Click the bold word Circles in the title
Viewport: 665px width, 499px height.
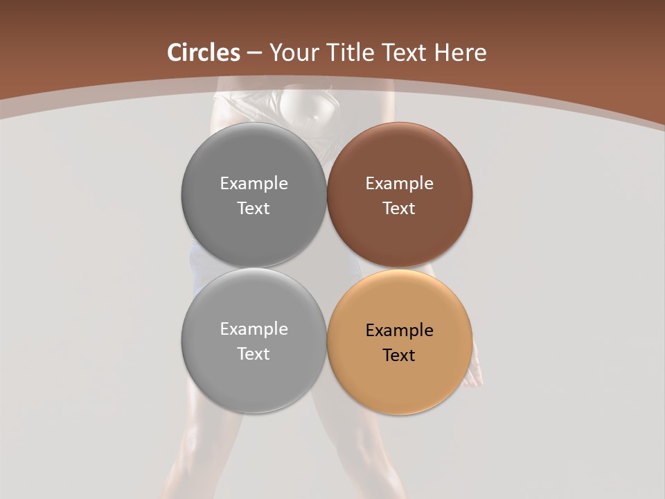click(204, 53)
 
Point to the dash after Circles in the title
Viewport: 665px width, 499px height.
click(254, 53)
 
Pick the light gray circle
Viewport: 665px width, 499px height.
click(254, 374)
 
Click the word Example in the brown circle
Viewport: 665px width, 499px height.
click(399, 184)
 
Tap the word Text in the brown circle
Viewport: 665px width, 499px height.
click(399, 209)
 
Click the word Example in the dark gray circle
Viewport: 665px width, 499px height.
click(254, 184)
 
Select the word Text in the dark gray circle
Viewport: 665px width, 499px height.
click(254, 209)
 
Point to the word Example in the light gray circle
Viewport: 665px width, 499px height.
click(254, 329)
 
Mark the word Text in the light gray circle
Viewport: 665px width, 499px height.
click(254, 354)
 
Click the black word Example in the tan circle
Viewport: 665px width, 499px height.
click(399, 331)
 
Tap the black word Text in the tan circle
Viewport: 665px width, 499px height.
click(399, 356)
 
